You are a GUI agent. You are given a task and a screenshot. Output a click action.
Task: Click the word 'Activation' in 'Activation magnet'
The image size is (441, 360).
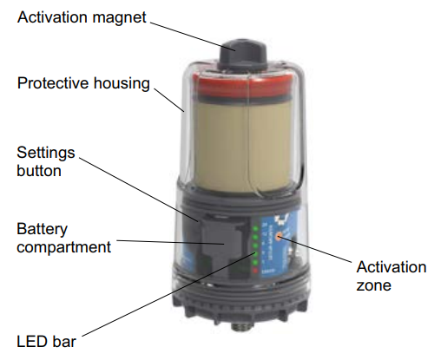coord(53,17)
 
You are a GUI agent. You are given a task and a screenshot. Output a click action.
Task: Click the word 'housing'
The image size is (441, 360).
coord(122,84)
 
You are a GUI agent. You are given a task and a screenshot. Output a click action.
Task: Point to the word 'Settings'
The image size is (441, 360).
coord(46,153)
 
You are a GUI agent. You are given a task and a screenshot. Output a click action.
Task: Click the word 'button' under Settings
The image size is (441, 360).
coord(39,171)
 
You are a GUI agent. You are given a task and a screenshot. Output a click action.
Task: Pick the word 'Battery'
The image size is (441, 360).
coord(42,230)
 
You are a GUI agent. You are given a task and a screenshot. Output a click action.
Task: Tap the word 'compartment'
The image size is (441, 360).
coord(63,247)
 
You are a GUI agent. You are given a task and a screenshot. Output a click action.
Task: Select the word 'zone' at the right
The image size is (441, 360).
coord(373,285)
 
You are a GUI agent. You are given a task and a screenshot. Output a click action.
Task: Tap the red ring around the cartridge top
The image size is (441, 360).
coord(243,84)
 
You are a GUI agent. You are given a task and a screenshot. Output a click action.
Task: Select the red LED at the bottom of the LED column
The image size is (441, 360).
coord(255,271)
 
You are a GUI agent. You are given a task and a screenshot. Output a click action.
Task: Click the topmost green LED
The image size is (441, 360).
coord(255,228)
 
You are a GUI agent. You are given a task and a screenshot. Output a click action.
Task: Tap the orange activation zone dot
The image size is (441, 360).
coord(279,236)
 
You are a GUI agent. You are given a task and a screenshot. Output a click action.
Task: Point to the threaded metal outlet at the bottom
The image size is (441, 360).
coord(240,328)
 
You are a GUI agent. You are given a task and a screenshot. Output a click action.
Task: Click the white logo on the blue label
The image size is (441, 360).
coord(280,219)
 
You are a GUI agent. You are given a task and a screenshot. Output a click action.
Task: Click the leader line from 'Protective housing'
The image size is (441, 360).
coord(169,100)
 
